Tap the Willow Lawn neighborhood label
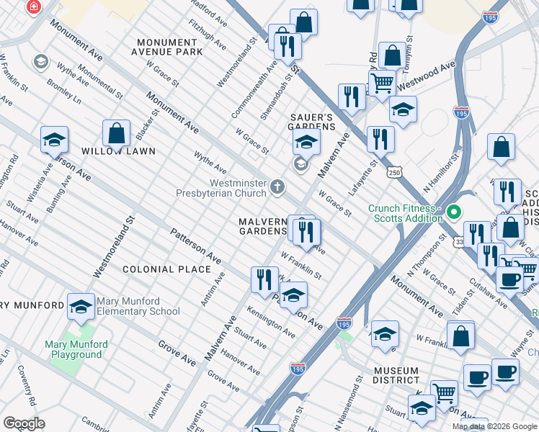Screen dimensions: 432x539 (x=108, y=152)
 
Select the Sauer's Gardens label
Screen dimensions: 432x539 (x=313, y=122)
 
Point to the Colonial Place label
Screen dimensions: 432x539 (x=166, y=269)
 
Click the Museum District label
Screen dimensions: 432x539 (x=396, y=374)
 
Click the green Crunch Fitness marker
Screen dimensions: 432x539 (x=453, y=213)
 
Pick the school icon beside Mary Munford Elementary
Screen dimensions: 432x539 (x=81, y=306)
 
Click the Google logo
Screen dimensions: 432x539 (x=24, y=423)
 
